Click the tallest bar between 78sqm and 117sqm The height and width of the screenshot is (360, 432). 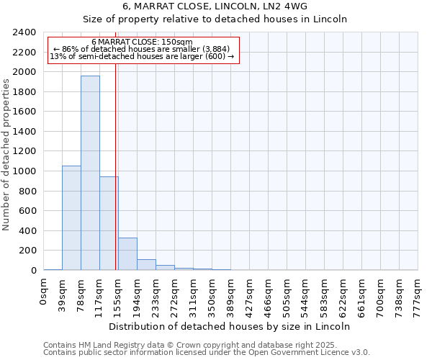tap(90, 173)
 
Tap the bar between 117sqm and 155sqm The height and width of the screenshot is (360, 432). tap(109, 223)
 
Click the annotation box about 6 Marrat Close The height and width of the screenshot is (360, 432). tap(143, 50)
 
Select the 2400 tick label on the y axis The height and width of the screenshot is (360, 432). tap(24, 32)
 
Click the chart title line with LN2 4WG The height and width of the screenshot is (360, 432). tap(215, 6)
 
